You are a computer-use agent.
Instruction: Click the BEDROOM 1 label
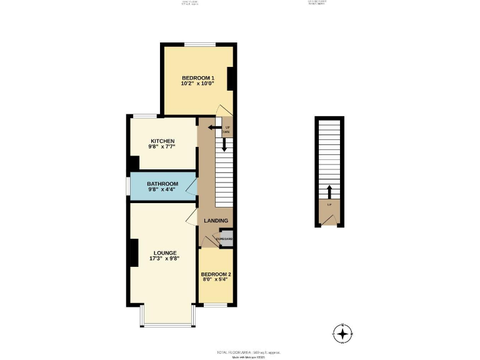point(197,77)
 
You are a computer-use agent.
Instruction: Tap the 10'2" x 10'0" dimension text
point(197,84)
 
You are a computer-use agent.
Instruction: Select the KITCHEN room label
point(162,141)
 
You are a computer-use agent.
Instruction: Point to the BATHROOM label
point(162,184)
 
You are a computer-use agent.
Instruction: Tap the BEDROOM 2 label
point(216,274)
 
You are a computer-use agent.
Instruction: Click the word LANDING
point(216,221)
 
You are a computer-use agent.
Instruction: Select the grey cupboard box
point(225,239)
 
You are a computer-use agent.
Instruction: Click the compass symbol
point(343,332)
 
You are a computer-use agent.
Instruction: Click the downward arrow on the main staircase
point(224,144)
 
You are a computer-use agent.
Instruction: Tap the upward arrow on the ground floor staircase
point(329,190)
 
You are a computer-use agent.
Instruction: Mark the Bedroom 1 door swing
point(220,110)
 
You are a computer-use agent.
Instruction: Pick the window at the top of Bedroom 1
point(199,44)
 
